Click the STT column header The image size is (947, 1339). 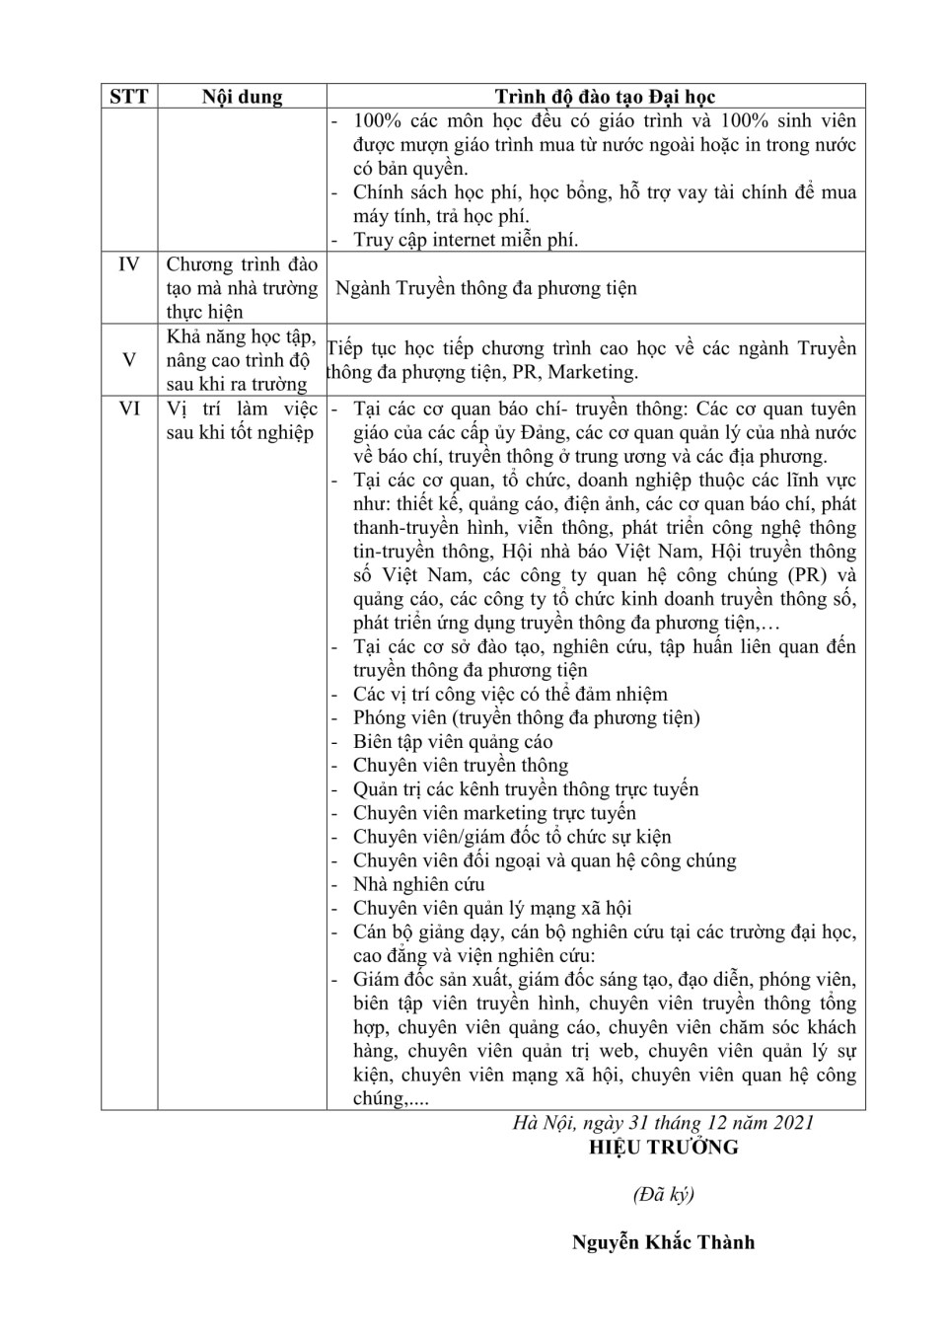click(x=129, y=96)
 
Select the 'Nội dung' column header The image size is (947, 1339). click(x=242, y=96)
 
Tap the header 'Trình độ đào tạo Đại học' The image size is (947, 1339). click(x=605, y=96)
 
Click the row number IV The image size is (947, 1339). click(x=129, y=264)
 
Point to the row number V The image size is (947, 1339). click(x=129, y=360)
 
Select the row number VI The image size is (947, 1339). click(x=129, y=409)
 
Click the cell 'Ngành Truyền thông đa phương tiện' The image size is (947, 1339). click(x=486, y=288)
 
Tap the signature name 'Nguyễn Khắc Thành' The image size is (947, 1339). click(x=663, y=1242)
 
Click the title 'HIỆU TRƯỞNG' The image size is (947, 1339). click(x=663, y=1147)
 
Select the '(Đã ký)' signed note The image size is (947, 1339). click(x=663, y=1194)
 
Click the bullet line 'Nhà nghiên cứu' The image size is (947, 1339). click(x=418, y=884)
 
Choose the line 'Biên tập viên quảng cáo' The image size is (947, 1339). click(x=453, y=742)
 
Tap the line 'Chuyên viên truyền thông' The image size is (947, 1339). click(x=461, y=766)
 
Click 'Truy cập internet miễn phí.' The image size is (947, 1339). click(x=466, y=240)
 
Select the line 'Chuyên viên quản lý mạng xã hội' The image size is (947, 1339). click(x=492, y=908)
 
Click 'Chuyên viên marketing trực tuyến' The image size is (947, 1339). click(x=494, y=813)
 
